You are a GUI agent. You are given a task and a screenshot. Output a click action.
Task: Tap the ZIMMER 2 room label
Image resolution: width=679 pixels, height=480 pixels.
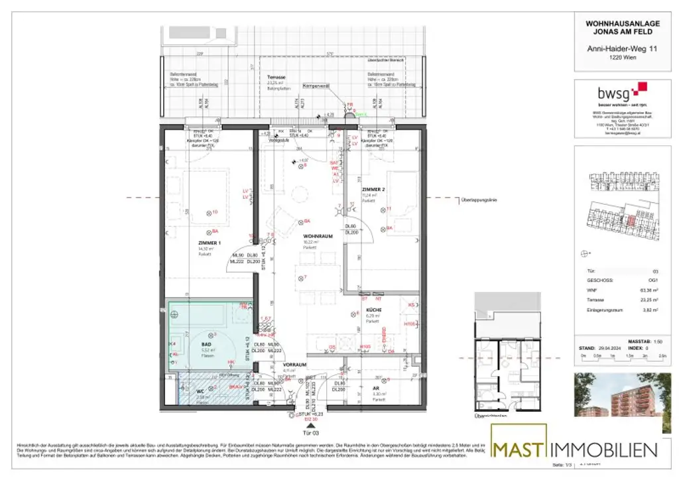[x=373, y=189]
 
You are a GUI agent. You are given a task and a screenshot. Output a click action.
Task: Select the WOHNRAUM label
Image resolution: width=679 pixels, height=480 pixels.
[x=317, y=236]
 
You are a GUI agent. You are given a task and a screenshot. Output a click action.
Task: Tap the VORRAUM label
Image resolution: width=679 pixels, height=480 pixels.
[x=294, y=365]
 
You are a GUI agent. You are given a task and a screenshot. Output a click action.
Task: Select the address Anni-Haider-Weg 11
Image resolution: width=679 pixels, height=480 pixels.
[x=614, y=48]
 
